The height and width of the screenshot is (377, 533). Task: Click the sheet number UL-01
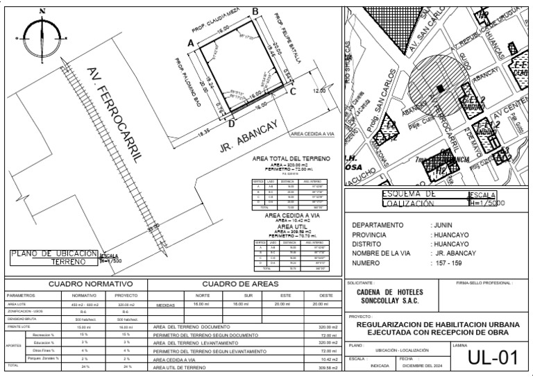click(x=493, y=358)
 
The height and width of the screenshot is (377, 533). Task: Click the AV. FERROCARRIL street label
click(x=115, y=115)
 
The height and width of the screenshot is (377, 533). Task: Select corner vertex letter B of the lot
click(x=255, y=11)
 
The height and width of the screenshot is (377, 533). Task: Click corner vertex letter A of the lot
click(x=191, y=43)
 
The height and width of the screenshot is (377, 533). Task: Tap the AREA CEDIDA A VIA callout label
click(x=312, y=133)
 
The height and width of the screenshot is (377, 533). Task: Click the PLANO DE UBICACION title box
click(x=52, y=258)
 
